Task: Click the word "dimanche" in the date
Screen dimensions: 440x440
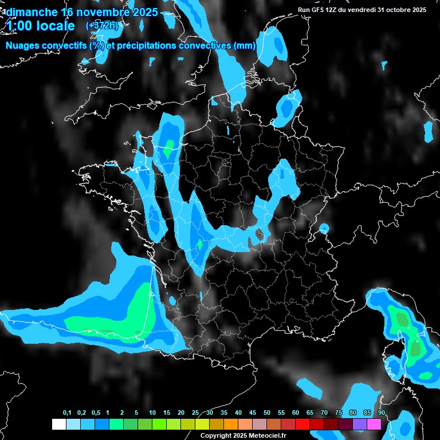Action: click(31, 11)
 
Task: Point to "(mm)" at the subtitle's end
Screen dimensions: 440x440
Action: click(244, 46)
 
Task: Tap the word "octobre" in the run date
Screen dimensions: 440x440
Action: click(397, 10)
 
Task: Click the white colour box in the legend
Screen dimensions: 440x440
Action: click(58, 424)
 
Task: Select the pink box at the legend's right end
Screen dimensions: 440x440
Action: click(374, 424)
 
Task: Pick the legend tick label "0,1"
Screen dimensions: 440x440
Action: click(67, 412)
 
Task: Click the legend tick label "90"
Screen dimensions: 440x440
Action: click(382, 412)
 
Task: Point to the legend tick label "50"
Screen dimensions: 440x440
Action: click(267, 412)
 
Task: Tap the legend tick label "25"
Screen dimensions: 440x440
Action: click(195, 412)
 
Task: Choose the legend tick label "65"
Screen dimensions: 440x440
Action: click(310, 412)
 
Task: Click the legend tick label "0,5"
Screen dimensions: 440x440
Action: click(96, 412)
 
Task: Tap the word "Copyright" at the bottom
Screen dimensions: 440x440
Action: click(215, 435)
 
